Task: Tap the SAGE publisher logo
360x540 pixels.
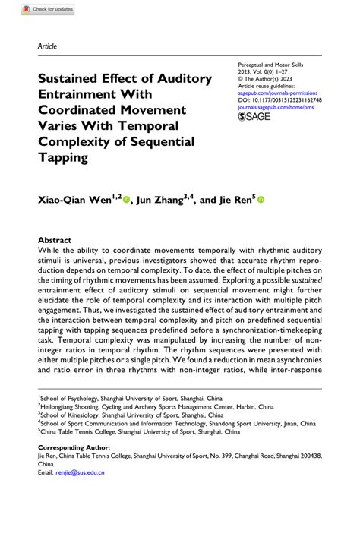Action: (x=256, y=117)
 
